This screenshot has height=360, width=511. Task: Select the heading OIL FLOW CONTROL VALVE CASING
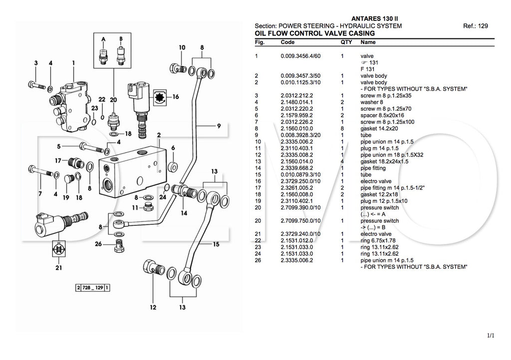pyautogui.click(x=314, y=33)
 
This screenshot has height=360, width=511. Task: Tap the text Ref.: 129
pyautogui.click(x=475, y=26)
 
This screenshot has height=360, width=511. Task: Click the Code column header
pyautogui.click(x=287, y=42)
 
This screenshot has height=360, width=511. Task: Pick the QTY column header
pyautogui.click(x=346, y=42)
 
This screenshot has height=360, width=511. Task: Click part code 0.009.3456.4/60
pyautogui.click(x=300, y=56)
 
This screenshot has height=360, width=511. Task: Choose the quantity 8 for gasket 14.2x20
pyautogui.click(x=342, y=128)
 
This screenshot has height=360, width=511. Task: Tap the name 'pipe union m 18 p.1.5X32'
pyautogui.click(x=392, y=155)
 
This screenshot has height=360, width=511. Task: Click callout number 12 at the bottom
pyautogui.click(x=153, y=307)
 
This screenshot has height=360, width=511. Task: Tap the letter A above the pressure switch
pyautogui.click(x=103, y=38)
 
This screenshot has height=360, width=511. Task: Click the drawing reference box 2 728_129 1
pyautogui.click(x=93, y=288)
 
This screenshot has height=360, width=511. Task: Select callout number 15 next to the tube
pyautogui.click(x=216, y=244)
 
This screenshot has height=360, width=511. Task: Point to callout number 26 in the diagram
pyautogui.click(x=98, y=244)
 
